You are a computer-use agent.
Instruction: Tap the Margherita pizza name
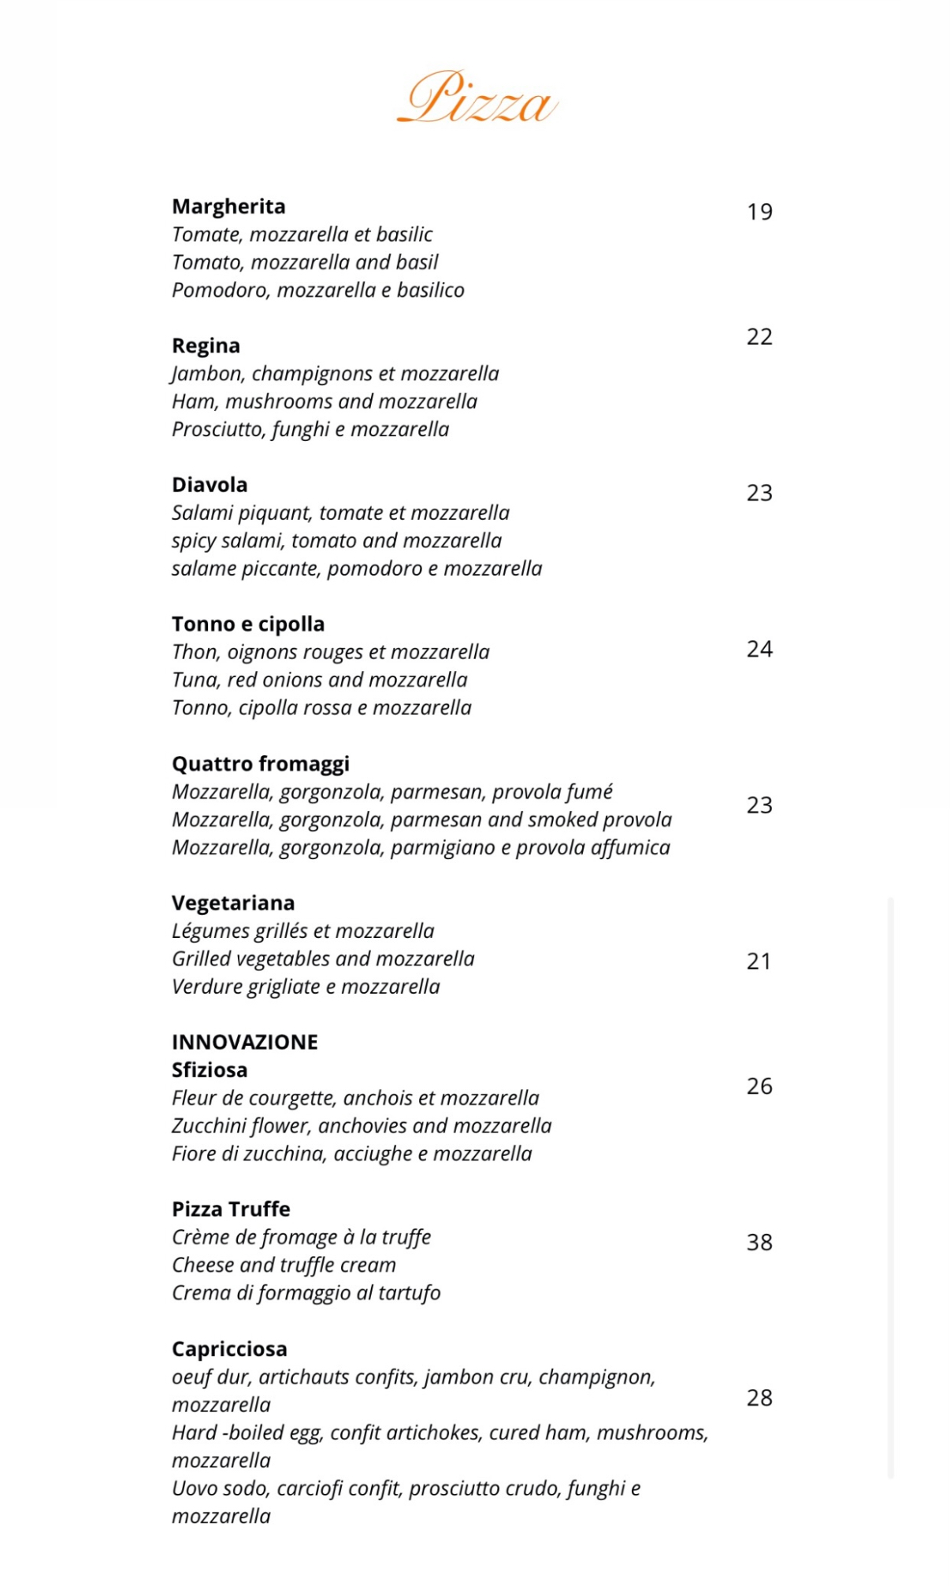point(228,206)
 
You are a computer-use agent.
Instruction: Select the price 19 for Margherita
point(759,212)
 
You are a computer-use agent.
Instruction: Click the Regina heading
point(206,346)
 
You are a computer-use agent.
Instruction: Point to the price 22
point(759,337)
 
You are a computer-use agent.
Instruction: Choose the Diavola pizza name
point(210,485)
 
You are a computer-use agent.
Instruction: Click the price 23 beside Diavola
point(759,493)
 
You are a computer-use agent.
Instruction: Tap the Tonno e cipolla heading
point(248,624)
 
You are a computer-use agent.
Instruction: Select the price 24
point(759,649)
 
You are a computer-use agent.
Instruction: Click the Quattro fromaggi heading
point(261,764)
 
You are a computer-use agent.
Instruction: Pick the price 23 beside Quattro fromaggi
point(759,805)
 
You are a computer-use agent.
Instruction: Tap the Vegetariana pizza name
point(233,903)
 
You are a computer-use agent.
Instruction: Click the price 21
point(759,962)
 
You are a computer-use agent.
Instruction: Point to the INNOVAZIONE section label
point(245,1042)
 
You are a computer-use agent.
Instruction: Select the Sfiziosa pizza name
point(210,1070)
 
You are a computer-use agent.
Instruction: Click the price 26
point(759,1086)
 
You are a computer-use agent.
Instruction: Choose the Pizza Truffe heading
point(231,1210)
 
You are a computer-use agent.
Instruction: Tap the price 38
point(759,1243)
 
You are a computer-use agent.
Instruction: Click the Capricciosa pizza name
point(229,1349)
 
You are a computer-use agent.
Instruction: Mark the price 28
point(759,1398)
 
